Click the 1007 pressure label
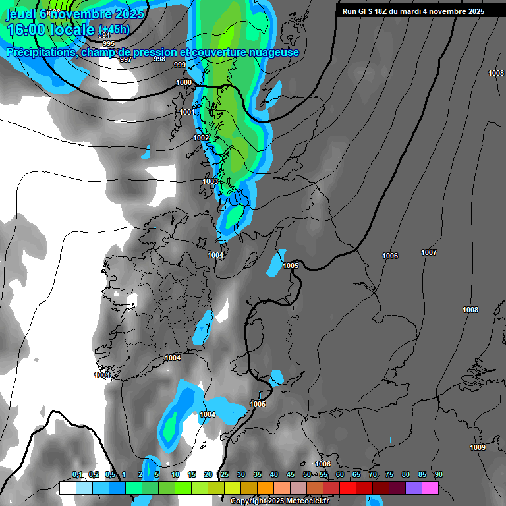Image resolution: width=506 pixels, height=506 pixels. pos(429,252)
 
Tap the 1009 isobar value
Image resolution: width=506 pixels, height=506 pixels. pos(478,448)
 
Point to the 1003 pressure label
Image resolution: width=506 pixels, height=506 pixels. pos(210,181)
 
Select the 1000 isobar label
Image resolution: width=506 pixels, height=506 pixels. pos(184,82)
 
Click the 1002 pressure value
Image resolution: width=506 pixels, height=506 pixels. pos(201,138)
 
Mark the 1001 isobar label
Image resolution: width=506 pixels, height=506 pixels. pos(187,113)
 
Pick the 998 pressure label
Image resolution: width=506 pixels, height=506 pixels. pos(159,59)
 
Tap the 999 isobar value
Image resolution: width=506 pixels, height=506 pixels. pos(179,65)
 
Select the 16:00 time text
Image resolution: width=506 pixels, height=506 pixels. pos(26,30)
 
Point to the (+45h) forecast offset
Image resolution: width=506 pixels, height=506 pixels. pos(114,30)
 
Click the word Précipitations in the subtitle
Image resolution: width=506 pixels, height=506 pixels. pos(40,53)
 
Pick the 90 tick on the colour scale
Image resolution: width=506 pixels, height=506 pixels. pos(438,475)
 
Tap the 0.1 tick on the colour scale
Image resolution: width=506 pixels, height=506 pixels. pos(77,475)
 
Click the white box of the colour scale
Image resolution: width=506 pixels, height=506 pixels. pos(67,488)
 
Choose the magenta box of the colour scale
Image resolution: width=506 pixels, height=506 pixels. pos(430,488)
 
